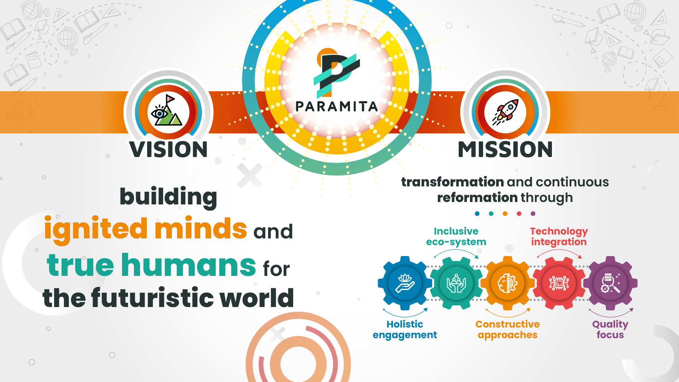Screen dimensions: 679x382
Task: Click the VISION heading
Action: coord(168,149)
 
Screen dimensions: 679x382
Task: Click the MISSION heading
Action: coord(505,149)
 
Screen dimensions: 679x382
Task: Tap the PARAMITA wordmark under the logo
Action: coord(337,106)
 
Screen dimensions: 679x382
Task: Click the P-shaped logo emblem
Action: coord(336,73)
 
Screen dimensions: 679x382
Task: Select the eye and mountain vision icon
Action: coord(167,110)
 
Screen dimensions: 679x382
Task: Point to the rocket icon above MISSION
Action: coord(505,112)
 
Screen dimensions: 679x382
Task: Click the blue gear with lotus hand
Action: coord(405,283)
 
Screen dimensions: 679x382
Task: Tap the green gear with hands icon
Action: coord(456,283)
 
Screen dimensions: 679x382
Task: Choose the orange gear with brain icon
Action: coord(507,283)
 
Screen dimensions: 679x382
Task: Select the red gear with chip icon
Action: coord(559,283)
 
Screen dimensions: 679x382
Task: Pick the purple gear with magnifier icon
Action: coord(610,283)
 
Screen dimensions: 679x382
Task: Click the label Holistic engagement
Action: coord(405,330)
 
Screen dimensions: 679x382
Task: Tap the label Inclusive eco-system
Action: coord(456,236)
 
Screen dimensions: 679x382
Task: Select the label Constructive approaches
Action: coord(507,330)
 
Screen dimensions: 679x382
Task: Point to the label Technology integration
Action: coord(559,236)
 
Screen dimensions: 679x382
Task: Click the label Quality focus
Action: coord(610,330)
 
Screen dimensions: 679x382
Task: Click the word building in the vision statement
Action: coord(168,197)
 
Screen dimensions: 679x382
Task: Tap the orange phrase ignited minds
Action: coord(145,229)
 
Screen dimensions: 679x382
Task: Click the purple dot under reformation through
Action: coord(533,214)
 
